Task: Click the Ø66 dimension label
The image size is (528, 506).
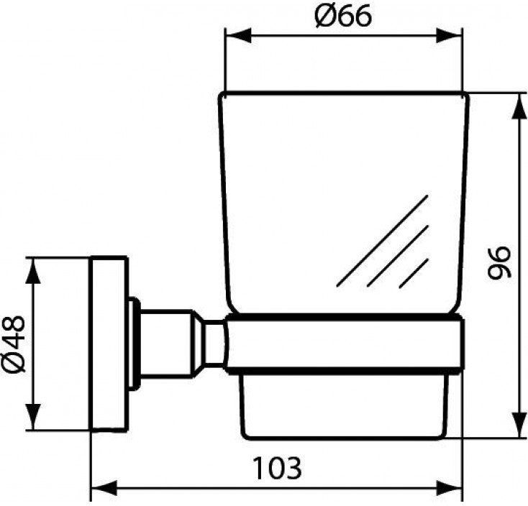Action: click(343, 16)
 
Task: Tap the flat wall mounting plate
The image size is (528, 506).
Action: click(109, 344)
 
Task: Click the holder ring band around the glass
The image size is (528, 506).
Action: click(344, 344)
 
